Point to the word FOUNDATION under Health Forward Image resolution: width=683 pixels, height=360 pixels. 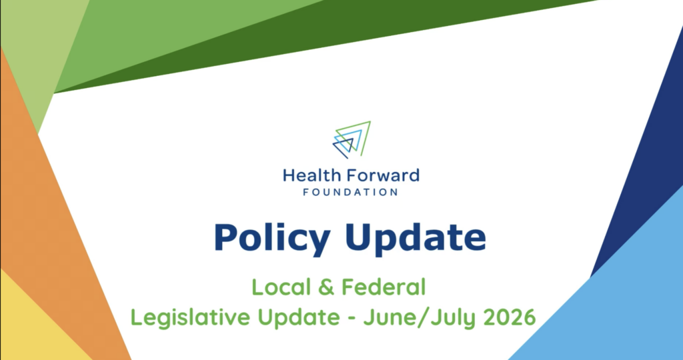point(351,192)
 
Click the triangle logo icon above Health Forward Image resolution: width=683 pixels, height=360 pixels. point(352,139)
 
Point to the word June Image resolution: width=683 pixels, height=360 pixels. point(387,318)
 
